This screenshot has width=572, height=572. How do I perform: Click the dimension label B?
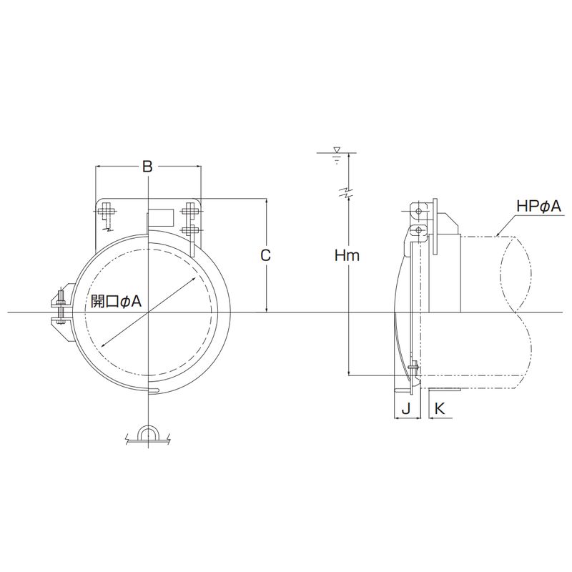click(x=147, y=167)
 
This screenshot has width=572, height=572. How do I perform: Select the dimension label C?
click(x=265, y=255)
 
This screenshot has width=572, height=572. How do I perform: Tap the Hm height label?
click(x=347, y=255)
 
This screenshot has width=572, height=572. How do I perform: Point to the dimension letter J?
click(x=406, y=408)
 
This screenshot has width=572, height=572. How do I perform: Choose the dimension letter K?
click(x=440, y=408)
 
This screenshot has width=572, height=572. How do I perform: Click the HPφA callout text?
click(x=538, y=207)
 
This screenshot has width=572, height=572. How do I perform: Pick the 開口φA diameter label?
click(x=116, y=301)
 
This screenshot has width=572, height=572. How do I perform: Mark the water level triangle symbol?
click(x=337, y=150)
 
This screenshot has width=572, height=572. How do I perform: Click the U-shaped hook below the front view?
click(x=148, y=432)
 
